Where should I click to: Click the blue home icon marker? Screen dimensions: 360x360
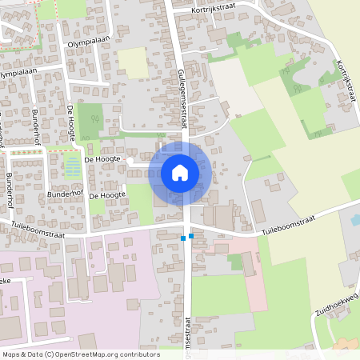[x=180, y=172]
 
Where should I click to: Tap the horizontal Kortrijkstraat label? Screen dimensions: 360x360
[x=215, y=10]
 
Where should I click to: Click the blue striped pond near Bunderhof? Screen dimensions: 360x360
[x=72, y=167]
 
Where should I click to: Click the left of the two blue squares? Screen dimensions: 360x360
[x=183, y=238]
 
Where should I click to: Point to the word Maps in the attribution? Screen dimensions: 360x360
[x=12, y=354]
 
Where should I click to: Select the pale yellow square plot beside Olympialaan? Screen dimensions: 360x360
[x=134, y=62]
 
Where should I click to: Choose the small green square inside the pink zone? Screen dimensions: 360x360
[x=235, y=262]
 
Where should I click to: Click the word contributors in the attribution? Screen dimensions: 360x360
[x=138, y=354]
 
